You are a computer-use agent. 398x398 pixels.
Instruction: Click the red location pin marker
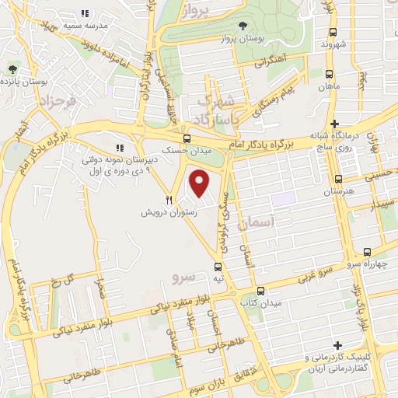point(200,183)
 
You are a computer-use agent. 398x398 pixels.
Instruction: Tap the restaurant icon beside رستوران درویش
point(168,199)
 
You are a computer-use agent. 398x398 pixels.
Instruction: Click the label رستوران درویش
point(168,211)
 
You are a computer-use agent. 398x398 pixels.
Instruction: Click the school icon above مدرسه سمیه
point(85,13)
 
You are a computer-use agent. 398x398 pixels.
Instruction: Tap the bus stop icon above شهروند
point(333,32)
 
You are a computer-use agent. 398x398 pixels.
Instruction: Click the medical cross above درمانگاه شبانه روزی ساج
point(335,124)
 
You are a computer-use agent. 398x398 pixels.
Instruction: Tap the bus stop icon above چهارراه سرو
point(367,250)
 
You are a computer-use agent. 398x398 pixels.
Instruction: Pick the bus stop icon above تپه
point(218,266)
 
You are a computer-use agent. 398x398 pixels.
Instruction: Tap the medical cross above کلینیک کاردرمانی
point(336,345)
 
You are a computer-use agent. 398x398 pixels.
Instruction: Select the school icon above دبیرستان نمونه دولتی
point(120,147)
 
